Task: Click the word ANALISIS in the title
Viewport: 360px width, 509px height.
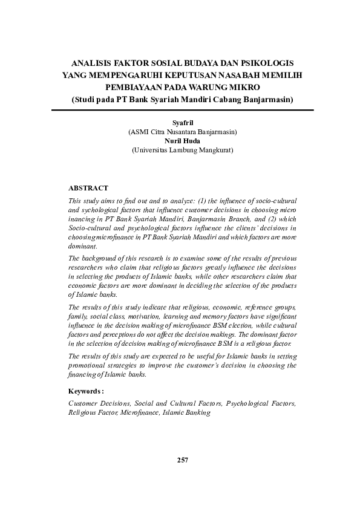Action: tap(91, 62)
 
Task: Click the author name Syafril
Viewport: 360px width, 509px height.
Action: tap(182, 123)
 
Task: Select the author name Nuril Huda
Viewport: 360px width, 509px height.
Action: tap(182, 140)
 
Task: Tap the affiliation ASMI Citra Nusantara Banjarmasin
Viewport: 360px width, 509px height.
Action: tap(182, 131)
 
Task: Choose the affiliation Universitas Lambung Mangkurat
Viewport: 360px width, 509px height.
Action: tap(182, 149)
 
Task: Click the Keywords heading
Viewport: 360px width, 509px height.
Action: tap(87, 391)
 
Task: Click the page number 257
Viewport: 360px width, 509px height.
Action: tap(183, 460)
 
